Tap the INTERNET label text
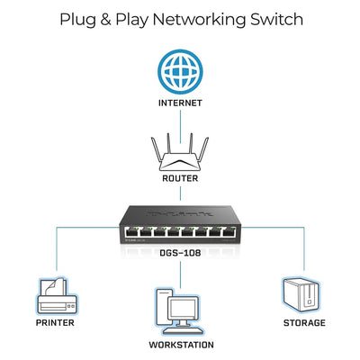pyautogui.click(x=181, y=103)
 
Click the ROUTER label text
pyautogui.click(x=181, y=178)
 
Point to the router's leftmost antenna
pyautogui.click(x=156, y=143)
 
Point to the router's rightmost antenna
pyautogui.click(x=206, y=143)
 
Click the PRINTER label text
pyautogui.click(x=56, y=322)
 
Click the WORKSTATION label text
pyautogui.click(x=181, y=345)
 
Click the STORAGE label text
pyautogui.click(x=303, y=322)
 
